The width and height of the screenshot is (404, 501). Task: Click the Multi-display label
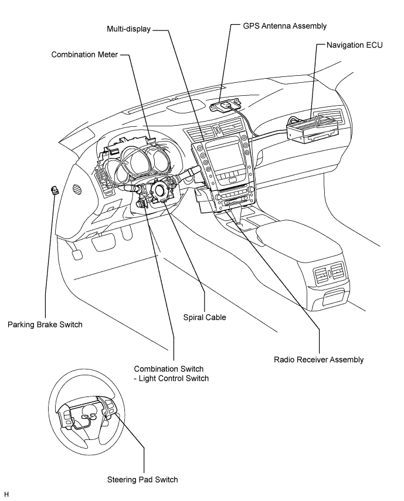128,29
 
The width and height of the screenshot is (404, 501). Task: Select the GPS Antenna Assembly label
285,26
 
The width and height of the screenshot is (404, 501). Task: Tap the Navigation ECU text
354,45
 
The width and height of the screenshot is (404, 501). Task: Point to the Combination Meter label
84,55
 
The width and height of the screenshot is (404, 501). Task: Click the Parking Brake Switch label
45,325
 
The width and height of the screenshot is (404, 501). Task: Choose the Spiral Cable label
205,317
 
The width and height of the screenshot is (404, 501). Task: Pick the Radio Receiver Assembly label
318,359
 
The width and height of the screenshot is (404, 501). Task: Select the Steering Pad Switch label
142,480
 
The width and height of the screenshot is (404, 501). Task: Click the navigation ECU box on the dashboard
313,129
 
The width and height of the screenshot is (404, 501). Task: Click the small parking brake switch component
55,191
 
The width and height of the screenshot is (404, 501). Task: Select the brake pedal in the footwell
77,255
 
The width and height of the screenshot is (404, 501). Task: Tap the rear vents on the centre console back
329,274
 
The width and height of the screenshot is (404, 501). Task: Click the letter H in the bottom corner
6,495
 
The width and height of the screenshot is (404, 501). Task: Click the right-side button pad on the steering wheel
108,409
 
